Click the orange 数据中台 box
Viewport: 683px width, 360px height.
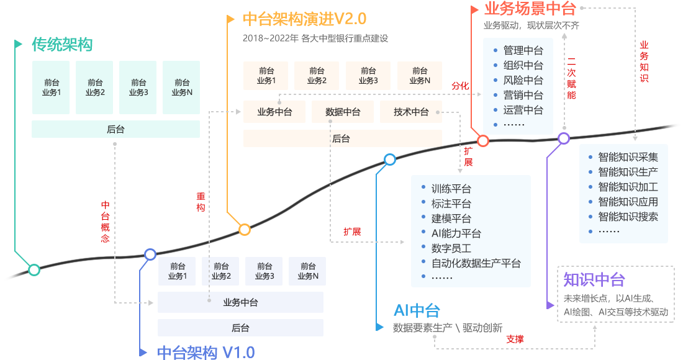pos(342,112)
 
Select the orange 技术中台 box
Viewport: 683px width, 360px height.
pos(410,112)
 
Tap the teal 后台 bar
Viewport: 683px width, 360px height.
pos(115,129)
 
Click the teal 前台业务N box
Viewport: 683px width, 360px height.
pos(181,88)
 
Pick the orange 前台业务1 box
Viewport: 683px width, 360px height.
pos(266,76)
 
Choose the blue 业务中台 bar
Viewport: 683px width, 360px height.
pos(240,302)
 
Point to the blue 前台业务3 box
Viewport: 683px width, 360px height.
pos(264,271)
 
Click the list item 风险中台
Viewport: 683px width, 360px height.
pos(523,80)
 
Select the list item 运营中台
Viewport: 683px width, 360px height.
pos(523,110)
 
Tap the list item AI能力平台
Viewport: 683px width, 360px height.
pos(456,233)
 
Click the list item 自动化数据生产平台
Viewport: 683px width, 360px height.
pos(476,263)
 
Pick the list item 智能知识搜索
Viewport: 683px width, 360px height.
pos(628,217)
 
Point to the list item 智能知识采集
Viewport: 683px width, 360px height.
pos(628,157)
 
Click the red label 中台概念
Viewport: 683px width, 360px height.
pos(106,222)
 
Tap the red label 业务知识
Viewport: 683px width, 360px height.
pos(644,62)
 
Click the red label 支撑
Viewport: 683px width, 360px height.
pos(515,340)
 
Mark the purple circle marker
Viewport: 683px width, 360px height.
pos(563,138)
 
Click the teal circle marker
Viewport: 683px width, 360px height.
pos(34,270)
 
